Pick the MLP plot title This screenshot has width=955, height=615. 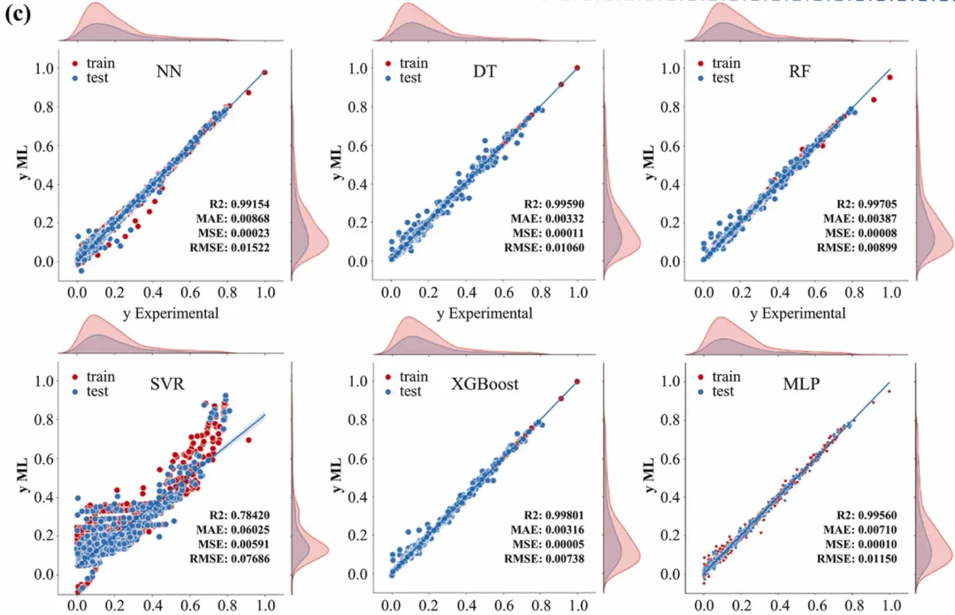(800, 385)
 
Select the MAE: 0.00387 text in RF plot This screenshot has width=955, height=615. (869, 218)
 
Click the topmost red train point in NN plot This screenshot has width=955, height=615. (265, 73)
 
